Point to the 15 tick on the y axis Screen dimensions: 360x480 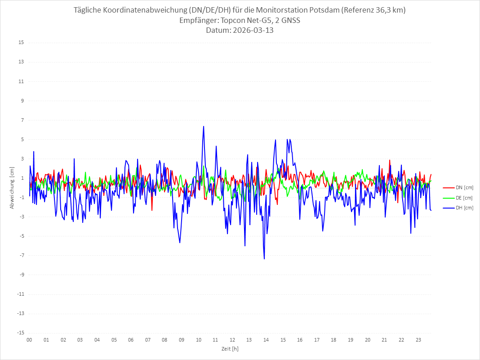[x=21, y=43]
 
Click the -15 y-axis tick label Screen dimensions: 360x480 [x=20, y=333]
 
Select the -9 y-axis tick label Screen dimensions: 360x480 [x=21, y=275]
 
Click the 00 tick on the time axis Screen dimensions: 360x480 [x=29, y=340]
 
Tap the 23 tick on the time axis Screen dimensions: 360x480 [x=418, y=340]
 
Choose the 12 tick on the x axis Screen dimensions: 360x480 [x=232, y=340]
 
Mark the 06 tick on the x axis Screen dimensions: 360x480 [x=131, y=340]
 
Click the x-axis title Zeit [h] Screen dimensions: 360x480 [x=230, y=348]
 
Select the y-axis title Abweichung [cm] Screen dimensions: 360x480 [x=12, y=187]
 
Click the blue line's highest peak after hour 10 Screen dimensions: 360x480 [x=204, y=126]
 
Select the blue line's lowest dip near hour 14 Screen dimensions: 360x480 [x=264, y=258]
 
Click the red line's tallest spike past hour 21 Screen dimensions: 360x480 [x=390, y=160]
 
